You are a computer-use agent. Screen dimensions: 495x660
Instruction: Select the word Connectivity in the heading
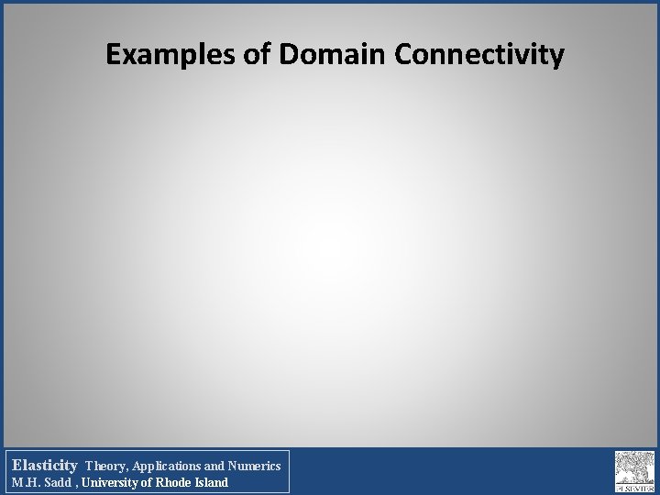[x=478, y=56]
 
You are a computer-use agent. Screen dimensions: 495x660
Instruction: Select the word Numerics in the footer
[x=255, y=466]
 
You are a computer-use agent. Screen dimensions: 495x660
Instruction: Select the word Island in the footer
[x=213, y=482]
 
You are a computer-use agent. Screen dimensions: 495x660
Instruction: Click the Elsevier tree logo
[x=633, y=469]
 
